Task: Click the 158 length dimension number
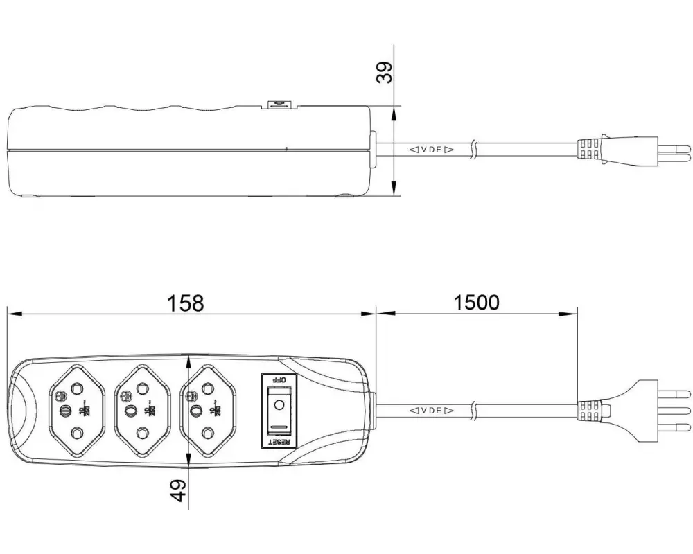click(x=186, y=303)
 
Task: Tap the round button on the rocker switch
click(x=279, y=404)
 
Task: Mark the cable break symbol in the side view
click(x=473, y=149)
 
